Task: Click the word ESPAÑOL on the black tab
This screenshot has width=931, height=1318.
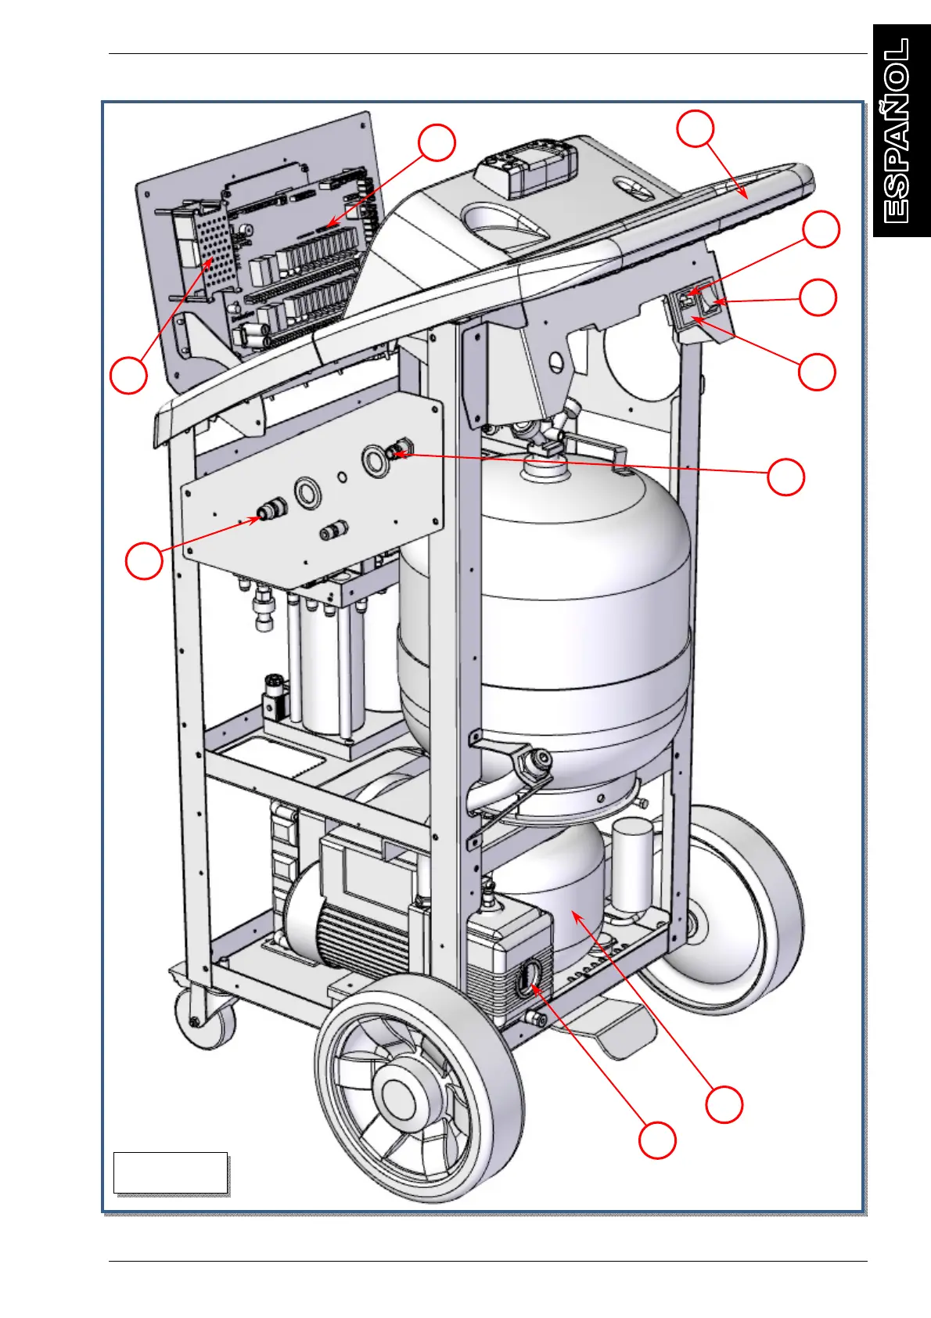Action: coord(898,131)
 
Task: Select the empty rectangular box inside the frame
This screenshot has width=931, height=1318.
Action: coord(171,1172)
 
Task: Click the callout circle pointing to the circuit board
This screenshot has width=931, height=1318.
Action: coord(437,142)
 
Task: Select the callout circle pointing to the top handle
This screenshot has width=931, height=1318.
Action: coord(696,128)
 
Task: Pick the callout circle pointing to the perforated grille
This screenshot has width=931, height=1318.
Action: coord(128,375)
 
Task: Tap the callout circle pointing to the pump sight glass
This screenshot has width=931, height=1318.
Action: coord(657,1140)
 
